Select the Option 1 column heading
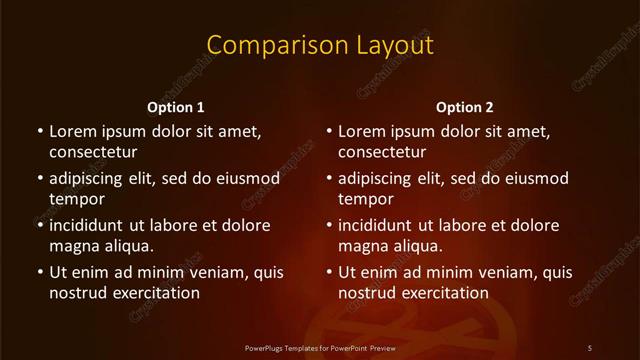pos(175,107)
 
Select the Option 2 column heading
pos(465,107)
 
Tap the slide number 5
pos(589,347)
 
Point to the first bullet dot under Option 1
pos(39,131)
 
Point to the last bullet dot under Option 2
pos(329,272)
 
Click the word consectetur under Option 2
pos(383,152)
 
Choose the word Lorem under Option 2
pos(361,131)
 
